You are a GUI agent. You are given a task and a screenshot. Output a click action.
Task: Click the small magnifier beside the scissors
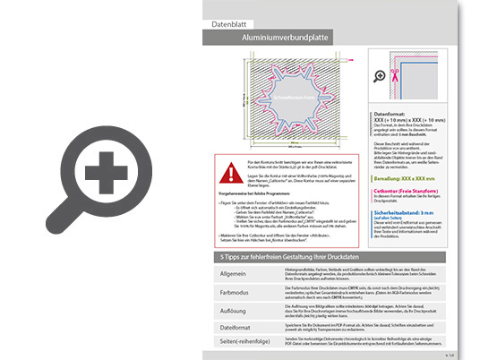click(x=379, y=75)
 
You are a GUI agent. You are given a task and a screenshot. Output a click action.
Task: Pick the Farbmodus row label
click(x=232, y=292)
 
